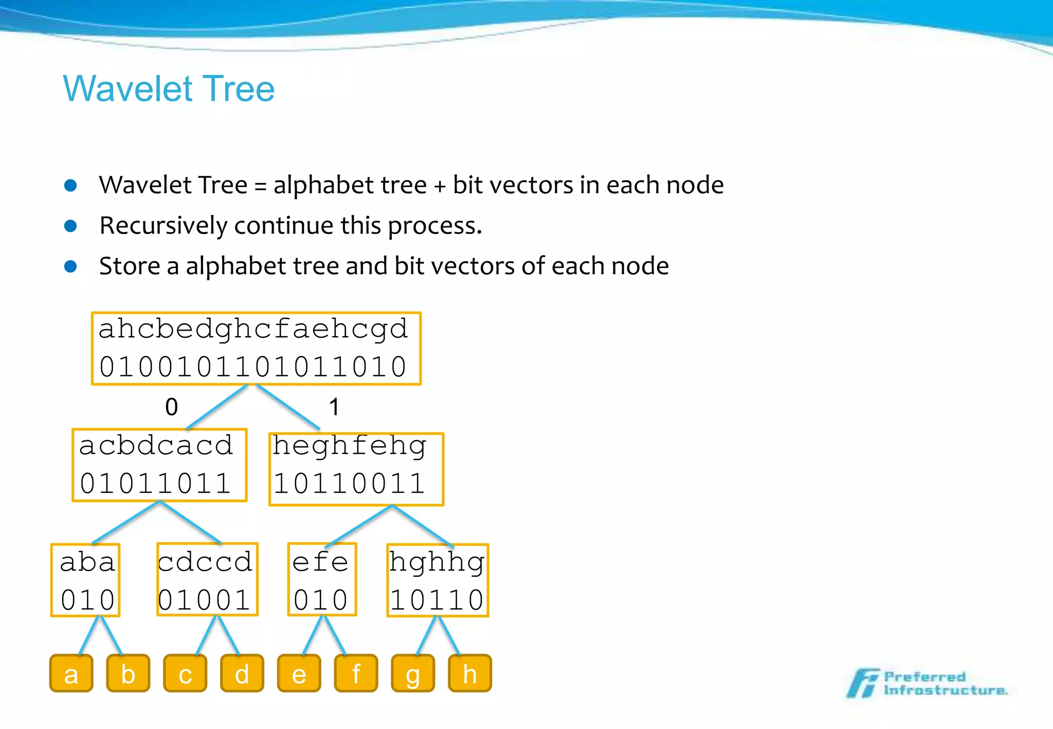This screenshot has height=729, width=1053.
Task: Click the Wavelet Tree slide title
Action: [x=169, y=88]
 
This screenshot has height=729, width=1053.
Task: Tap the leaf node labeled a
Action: [x=71, y=673]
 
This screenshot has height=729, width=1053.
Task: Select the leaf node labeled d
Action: [x=242, y=673]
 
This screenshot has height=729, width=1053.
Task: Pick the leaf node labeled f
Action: [x=356, y=673]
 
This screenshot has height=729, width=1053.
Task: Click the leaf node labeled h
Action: [x=469, y=673]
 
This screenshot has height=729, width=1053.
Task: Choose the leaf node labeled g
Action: [x=413, y=673]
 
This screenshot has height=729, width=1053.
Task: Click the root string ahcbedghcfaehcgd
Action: [x=253, y=329]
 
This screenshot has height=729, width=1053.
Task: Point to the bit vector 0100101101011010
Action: [x=253, y=367]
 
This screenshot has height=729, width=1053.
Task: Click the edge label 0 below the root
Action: [x=172, y=407]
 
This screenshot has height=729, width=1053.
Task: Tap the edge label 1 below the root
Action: [x=334, y=407]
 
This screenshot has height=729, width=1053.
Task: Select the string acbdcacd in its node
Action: [x=156, y=445]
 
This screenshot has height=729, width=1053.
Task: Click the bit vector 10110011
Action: [x=350, y=484]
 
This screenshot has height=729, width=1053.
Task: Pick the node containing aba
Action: [x=86, y=580]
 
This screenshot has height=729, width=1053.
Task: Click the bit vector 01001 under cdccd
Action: [x=205, y=600]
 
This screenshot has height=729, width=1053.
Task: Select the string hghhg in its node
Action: [x=437, y=562]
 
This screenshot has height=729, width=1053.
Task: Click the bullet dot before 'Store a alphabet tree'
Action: [x=71, y=266]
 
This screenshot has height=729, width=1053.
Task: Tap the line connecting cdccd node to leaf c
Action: [x=206, y=636]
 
